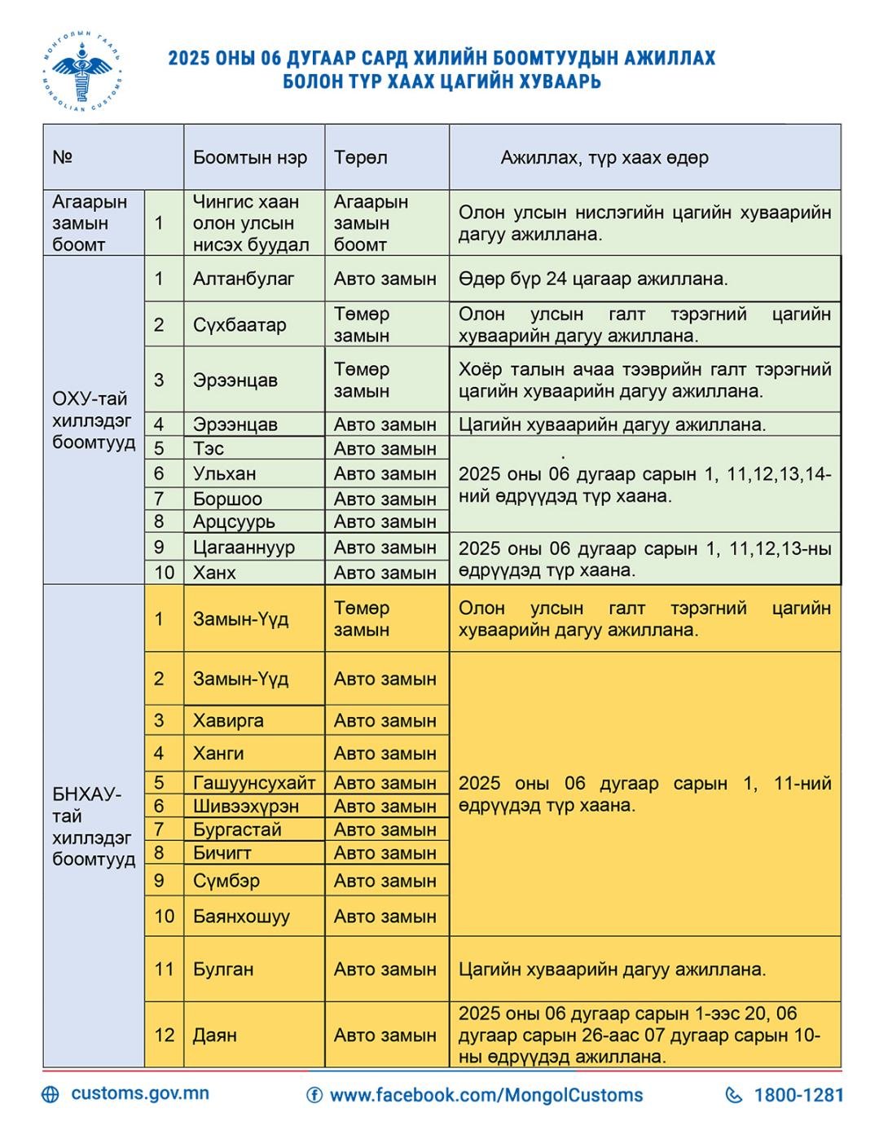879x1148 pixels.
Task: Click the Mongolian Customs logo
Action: [x=82, y=71]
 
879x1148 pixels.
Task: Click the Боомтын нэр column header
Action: [x=250, y=157]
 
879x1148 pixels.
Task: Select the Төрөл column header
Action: [x=361, y=157]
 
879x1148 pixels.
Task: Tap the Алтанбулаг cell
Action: [x=244, y=279]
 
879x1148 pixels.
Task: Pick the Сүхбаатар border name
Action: [x=240, y=324]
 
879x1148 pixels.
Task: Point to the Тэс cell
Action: [x=209, y=448]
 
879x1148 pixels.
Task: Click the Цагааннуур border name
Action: [x=244, y=548]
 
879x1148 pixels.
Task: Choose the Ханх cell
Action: [x=214, y=573]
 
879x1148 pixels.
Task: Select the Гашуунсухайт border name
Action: [x=253, y=783]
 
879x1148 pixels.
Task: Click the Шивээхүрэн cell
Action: [x=245, y=806]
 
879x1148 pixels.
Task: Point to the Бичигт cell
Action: [x=222, y=853]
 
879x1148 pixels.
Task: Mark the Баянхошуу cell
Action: [x=241, y=916]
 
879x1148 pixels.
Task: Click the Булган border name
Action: [x=223, y=969]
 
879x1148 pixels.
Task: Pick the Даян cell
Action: [x=215, y=1035]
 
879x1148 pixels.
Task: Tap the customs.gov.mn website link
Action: [x=139, y=1093]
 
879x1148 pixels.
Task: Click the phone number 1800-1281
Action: [x=798, y=1095]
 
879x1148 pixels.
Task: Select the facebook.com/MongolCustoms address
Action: [x=486, y=1095]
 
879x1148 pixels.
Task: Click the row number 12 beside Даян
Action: [x=165, y=1035]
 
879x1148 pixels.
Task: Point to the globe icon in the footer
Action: [x=51, y=1094]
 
